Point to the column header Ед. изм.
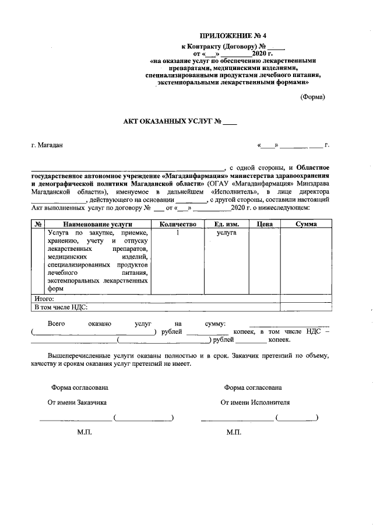[226, 224]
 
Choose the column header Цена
[264, 224]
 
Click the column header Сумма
[306, 224]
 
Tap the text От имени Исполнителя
[255, 402]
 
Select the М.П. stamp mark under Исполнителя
[234, 432]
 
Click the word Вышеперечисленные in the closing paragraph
[79, 355]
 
